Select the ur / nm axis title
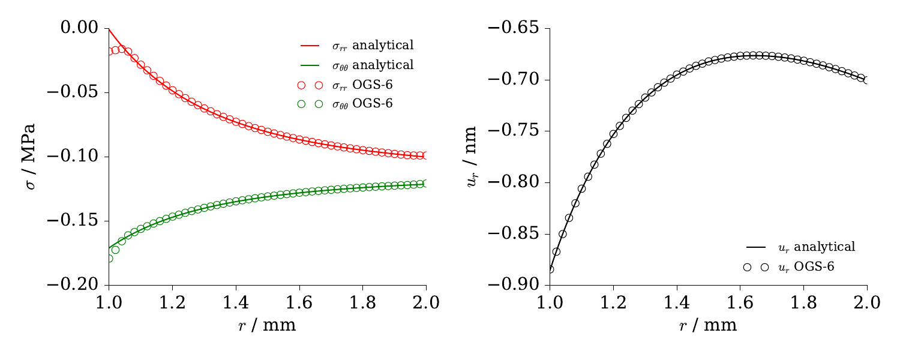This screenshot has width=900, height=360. pos(473,157)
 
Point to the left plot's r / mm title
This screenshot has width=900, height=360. pos(267,326)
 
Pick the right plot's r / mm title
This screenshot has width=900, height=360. pos(709,326)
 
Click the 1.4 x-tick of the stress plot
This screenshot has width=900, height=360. pos(235,302)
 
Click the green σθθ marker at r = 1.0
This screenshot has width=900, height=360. pos(109,259)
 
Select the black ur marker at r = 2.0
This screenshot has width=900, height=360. pos(867,80)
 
